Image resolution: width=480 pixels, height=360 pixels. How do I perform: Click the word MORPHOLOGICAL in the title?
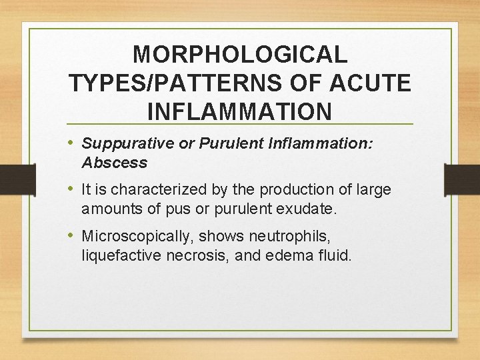point(240,55)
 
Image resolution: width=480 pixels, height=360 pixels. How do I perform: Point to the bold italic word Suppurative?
point(127,143)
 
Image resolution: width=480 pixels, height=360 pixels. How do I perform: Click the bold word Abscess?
point(114,163)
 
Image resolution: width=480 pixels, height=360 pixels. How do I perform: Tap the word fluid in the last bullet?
point(333,255)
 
